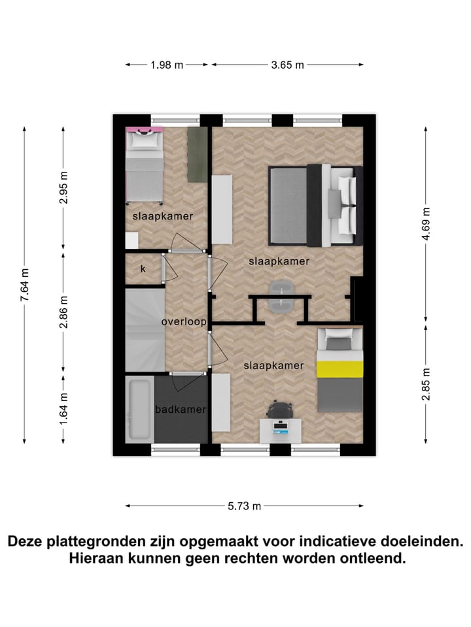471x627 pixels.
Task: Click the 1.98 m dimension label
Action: (167, 65)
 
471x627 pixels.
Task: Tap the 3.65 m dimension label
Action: (287, 65)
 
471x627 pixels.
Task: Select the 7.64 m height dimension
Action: (25, 285)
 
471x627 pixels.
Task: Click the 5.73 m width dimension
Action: (245, 506)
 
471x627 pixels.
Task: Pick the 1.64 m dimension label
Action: (63, 408)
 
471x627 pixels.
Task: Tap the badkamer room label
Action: (181, 410)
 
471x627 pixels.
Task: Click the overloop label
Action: (184, 322)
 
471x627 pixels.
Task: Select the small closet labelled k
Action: (143, 268)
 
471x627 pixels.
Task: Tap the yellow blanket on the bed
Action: (340, 368)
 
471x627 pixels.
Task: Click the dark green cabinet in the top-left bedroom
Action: (197, 155)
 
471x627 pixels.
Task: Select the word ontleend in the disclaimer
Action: (368, 559)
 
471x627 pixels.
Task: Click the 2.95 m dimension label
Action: (63, 187)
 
